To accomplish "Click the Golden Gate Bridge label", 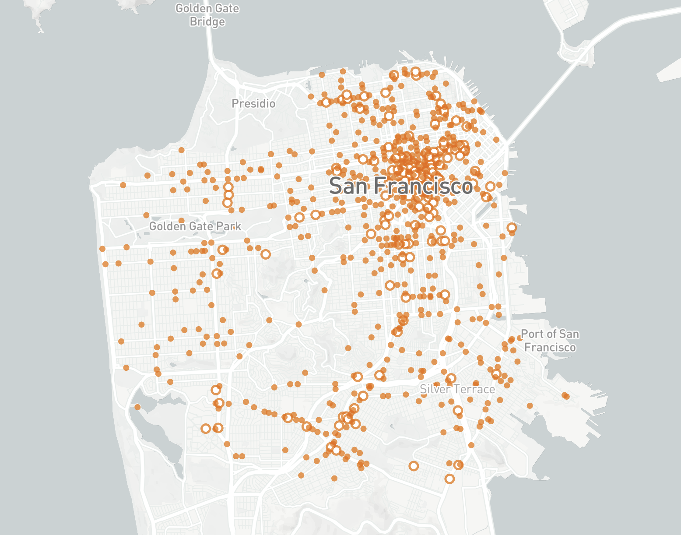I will click(x=207, y=15).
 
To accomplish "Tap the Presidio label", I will click(x=253, y=104).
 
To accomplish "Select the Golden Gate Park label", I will click(x=195, y=226).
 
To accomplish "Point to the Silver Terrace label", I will click(x=457, y=389).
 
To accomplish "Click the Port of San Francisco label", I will click(x=550, y=341).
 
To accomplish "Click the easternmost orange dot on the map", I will click(x=566, y=396).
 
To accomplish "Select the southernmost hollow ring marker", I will click(x=449, y=479).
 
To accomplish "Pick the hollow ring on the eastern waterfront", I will click(x=512, y=228).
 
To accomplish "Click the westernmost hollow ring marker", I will click(x=206, y=429).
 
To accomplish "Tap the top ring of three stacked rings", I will click(x=228, y=187).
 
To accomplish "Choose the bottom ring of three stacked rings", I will click(x=227, y=203).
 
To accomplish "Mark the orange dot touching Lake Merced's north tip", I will click(x=137, y=407).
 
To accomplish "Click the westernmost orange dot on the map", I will click(x=102, y=249).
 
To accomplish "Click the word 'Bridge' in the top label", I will click(x=207, y=22).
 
